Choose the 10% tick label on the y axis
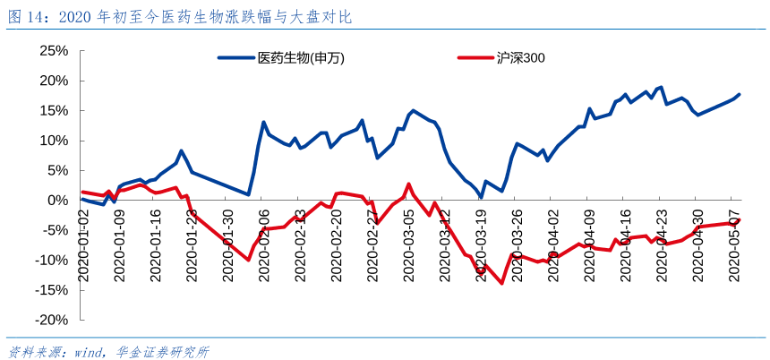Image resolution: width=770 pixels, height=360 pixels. [54, 141]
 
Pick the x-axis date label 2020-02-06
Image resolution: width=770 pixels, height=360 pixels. [264, 245]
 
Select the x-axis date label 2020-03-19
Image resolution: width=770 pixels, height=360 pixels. [482, 245]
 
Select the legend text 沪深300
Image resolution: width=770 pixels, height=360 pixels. [521, 58]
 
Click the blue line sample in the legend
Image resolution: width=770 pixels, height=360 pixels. [235, 58]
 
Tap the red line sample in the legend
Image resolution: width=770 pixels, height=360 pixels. [475, 58]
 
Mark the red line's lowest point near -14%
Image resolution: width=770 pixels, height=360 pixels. [501, 283]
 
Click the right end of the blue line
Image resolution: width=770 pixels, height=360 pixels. [740, 94]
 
